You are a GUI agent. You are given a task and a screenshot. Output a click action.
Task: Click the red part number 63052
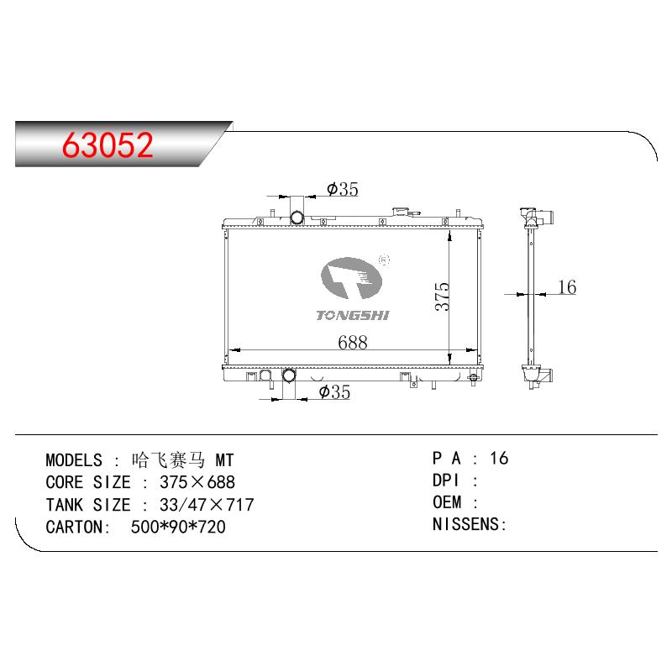click(108, 144)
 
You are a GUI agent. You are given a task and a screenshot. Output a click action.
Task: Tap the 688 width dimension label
click(352, 342)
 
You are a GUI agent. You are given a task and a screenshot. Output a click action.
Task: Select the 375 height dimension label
click(442, 297)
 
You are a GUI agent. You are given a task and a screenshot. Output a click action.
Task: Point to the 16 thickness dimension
click(567, 286)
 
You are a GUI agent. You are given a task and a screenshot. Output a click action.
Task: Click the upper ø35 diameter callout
click(343, 189)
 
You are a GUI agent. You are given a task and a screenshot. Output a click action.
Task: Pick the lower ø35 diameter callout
click(334, 391)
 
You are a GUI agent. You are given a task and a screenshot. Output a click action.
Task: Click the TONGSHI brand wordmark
click(352, 316)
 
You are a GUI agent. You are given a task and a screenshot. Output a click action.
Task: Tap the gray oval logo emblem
click(351, 278)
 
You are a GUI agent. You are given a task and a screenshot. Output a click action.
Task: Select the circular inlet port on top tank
click(297, 218)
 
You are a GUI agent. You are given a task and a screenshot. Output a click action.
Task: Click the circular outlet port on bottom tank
click(289, 375)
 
